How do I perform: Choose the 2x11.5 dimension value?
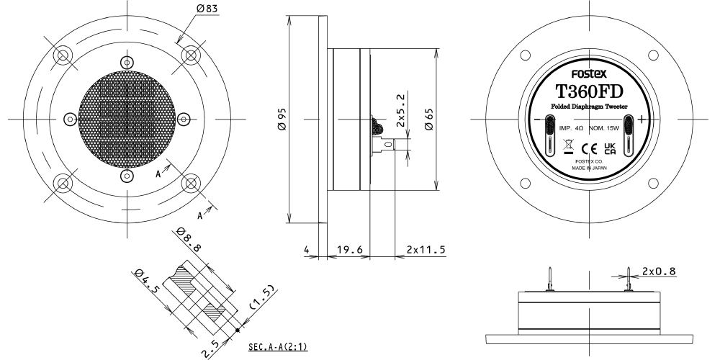[x=426, y=250]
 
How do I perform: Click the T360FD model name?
[x=589, y=92]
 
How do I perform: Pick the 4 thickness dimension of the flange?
[x=306, y=250]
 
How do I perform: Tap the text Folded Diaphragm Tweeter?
[x=589, y=108]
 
